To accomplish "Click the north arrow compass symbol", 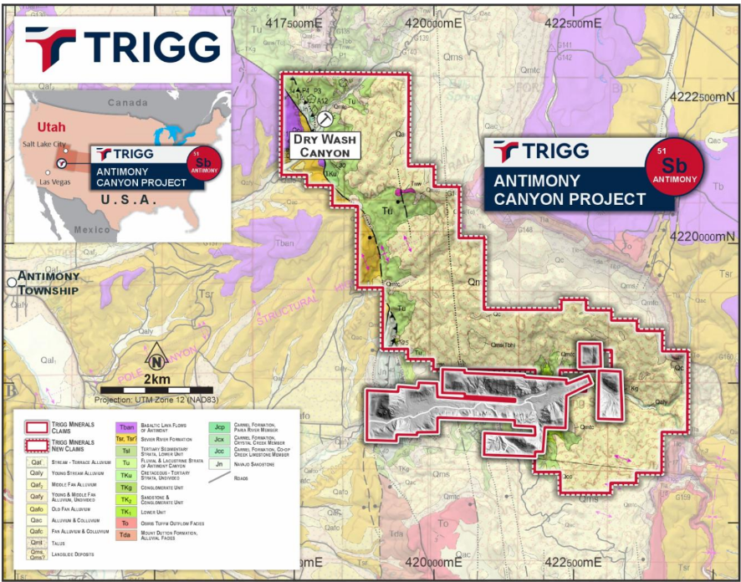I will coord(156,361).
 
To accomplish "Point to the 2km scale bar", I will coord(156,390).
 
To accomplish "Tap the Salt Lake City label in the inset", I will coord(47,145).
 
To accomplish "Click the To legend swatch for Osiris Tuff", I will coord(126,523).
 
